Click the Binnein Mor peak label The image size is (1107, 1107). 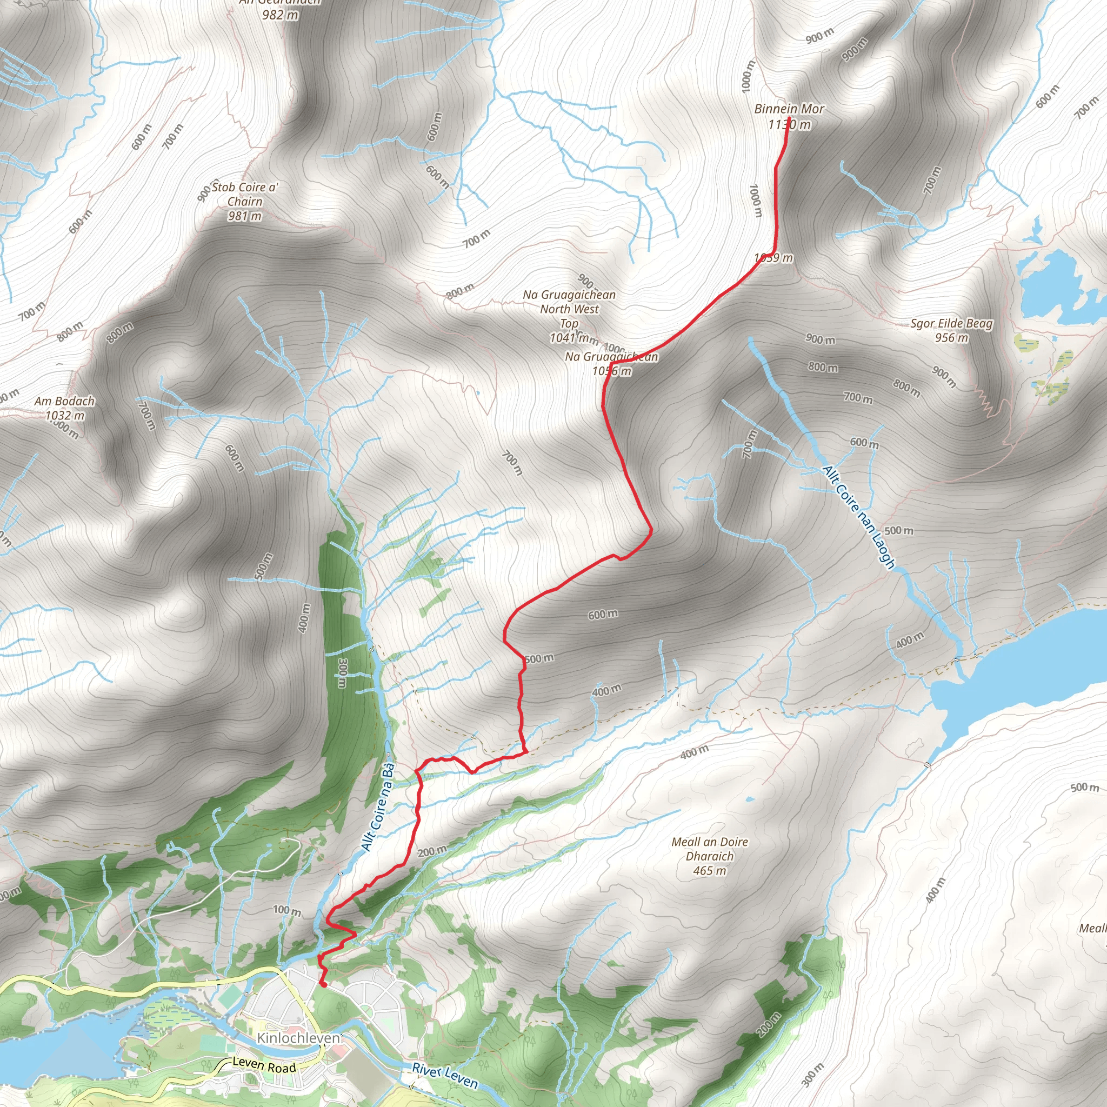click(x=789, y=109)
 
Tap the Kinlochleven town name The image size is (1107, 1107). click(x=298, y=1038)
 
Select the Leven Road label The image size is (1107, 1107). click(x=264, y=1065)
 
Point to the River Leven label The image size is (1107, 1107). click(x=445, y=1076)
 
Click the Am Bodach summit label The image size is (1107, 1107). click(x=64, y=401)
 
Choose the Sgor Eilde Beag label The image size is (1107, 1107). click(x=951, y=324)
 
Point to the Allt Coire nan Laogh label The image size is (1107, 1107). click(x=858, y=517)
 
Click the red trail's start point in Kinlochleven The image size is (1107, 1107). click(x=323, y=984)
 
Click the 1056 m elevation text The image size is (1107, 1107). click(x=612, y=371)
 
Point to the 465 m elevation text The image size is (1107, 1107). click(x=710, y=871)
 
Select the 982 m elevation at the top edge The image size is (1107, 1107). click(x=280, y=15)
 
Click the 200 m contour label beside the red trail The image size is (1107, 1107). click(x=432, y=851)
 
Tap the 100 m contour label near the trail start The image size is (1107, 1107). click(x=286, y=910)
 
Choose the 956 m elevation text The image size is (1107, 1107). click(x=951, y=338)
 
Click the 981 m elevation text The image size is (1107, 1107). click(x=245, y=216)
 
